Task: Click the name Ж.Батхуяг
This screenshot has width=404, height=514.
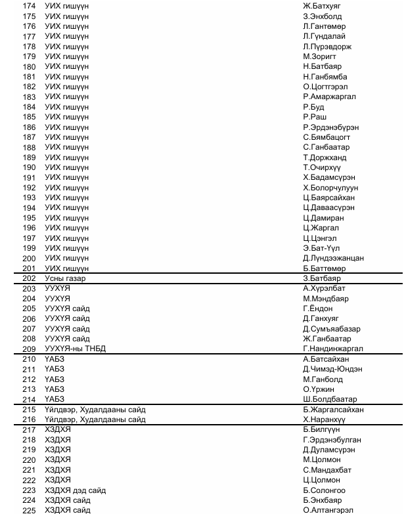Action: tap(322, 6)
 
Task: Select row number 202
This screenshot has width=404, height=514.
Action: tap(30, 279)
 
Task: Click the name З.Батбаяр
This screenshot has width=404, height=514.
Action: tap(322, 279)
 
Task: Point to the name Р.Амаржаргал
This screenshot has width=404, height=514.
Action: tap(329, 97)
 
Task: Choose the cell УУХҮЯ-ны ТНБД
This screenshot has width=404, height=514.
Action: tap(75, 349)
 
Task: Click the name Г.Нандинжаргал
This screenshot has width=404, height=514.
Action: tap(332, 349)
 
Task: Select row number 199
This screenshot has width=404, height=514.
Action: tap(30, 248)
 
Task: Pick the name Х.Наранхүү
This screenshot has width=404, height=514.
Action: tap(325, 419)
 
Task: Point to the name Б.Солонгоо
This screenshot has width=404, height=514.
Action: tap(324, 490)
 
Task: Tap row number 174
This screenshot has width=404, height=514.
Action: tap(30, 6)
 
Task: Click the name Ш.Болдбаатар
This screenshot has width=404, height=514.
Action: tap(330, 399)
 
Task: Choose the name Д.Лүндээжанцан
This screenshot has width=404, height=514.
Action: tap(333, 258)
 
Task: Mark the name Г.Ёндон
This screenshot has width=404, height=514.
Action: tap(318, 309)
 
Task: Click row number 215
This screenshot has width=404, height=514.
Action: tap(30, 410)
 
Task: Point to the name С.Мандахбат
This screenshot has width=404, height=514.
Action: tap(327, 470)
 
